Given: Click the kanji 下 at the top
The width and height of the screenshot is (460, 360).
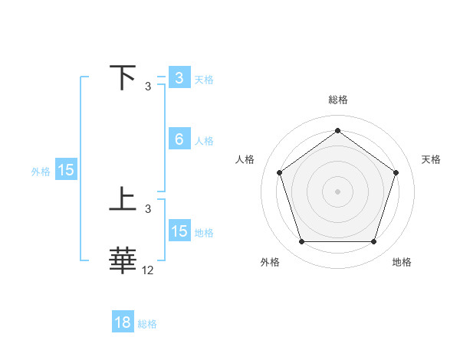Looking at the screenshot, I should [x=123, y=78].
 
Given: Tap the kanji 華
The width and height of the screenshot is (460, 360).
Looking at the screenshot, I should [x=123, y=260].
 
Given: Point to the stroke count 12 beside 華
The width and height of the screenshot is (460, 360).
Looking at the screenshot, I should [x=148, y=270].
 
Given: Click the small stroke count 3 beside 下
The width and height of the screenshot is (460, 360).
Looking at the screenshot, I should [x=148, y=87].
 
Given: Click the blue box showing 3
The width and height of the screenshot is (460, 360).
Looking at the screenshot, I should [x=179, y=78].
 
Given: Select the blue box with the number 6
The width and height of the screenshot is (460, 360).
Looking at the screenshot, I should [x=179, y=139].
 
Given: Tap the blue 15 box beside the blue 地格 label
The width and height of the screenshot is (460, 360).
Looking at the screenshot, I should [x=179, y=231].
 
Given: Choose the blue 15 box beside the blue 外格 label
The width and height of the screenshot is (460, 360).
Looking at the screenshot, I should [x=66, y=170].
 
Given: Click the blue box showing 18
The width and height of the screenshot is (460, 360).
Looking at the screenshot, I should [x=122, y=322].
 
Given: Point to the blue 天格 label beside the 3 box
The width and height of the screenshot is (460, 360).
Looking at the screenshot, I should [x=203, y=79].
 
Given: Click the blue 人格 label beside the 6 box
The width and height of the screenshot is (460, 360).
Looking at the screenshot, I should [x=203, y=140].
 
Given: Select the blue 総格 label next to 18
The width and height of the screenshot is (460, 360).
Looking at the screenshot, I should [x=147, y=323].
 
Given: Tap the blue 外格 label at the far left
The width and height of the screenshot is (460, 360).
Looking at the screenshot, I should [x=41, y=172].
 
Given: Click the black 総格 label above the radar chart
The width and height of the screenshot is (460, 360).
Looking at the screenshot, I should [x=337, y=100].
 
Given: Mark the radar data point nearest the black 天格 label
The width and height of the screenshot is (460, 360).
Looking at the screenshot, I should [x=396, y=172].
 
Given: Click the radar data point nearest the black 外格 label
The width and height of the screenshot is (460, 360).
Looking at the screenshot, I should [x=301, y=242].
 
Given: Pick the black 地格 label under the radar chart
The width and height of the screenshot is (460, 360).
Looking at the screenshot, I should [x=402, y=262].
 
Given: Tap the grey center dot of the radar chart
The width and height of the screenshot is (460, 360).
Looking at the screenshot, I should [x=337, y=191].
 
